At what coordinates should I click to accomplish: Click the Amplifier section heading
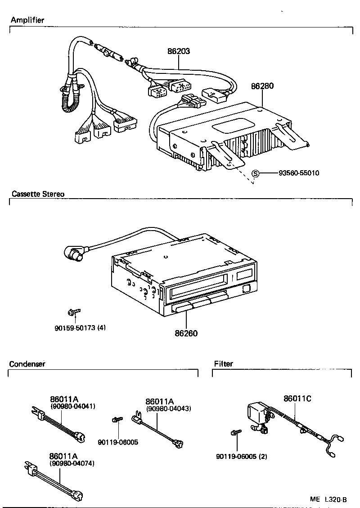click(27, 20)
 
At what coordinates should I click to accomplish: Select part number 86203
click(179, 51)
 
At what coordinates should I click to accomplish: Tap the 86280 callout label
click(262, 86)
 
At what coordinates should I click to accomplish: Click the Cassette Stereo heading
click(38, 194)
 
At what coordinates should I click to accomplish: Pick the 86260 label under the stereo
click(186, 333)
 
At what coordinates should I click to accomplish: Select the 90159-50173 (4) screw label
click(80, 327)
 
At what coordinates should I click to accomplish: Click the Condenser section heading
click(27, 364)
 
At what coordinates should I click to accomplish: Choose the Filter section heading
click(224, 364)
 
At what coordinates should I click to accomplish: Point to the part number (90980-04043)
click(169, 408)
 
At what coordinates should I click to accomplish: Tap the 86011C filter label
click(297, 399)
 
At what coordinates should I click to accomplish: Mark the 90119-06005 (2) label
click(241, 456)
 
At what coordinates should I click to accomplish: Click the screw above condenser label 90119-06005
click(116, 420)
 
